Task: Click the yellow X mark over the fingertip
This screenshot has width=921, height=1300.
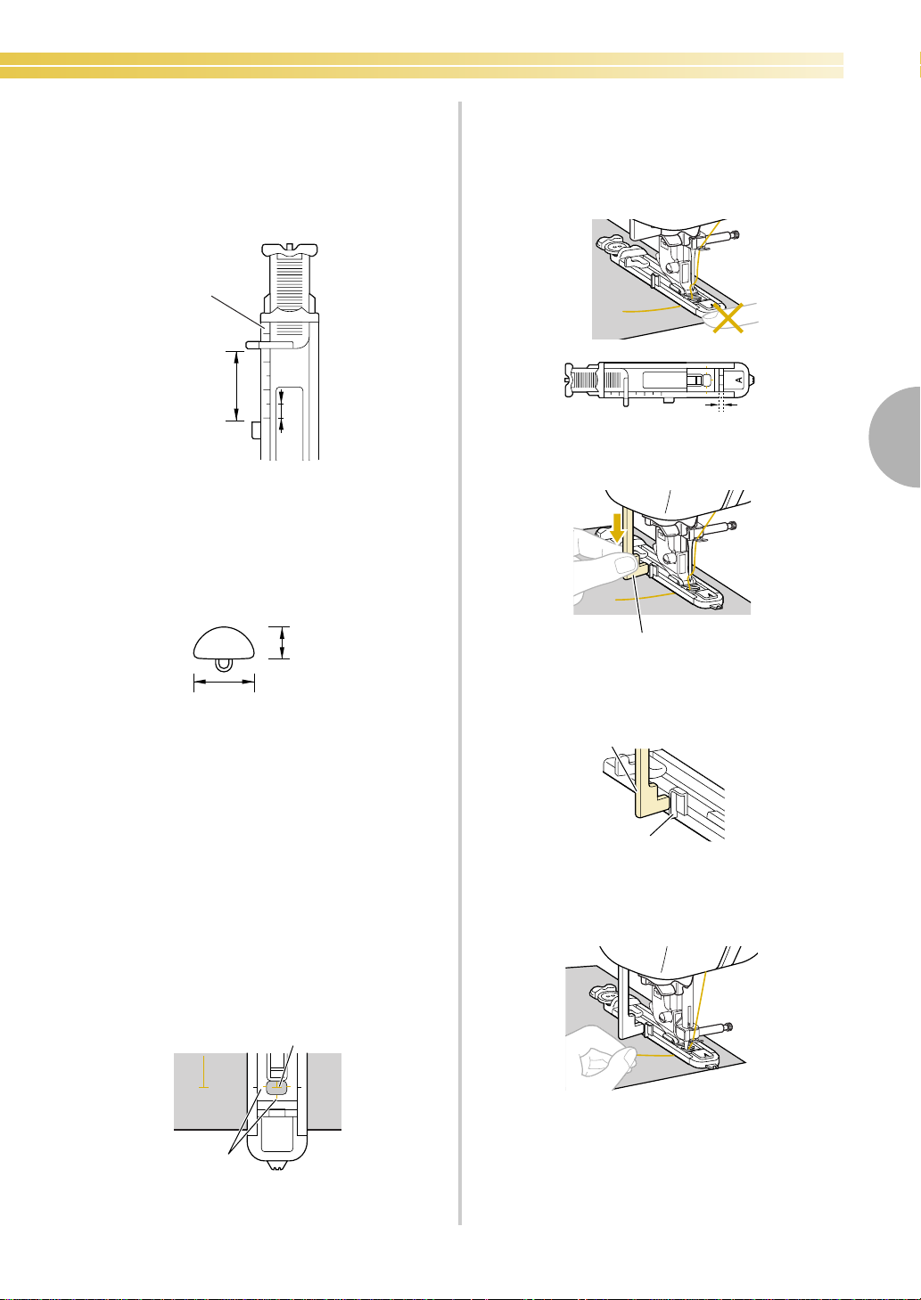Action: tap(728, 318)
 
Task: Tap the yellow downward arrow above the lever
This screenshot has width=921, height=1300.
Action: tap(617, 527)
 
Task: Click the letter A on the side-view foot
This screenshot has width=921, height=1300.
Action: tap(738, 380)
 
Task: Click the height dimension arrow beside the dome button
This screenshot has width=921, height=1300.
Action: tap(282, 642)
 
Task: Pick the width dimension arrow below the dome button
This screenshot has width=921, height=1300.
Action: tap(224, 683)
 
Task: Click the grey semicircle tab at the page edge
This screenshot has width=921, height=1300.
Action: tap(895, 437)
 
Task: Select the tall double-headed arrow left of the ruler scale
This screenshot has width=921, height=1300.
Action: tap(235, 386)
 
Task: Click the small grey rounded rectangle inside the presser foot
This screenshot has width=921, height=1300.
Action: tap(278, 1088)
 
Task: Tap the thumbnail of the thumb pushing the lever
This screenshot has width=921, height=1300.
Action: tap(625, 564)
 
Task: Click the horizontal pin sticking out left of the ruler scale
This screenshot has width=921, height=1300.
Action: tap(269, 345)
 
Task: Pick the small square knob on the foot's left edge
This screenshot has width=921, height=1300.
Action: tap(256, 430)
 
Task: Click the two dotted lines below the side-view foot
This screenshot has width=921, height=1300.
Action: tap(720, 405)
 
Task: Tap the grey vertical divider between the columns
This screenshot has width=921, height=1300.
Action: tap(460, 663)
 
